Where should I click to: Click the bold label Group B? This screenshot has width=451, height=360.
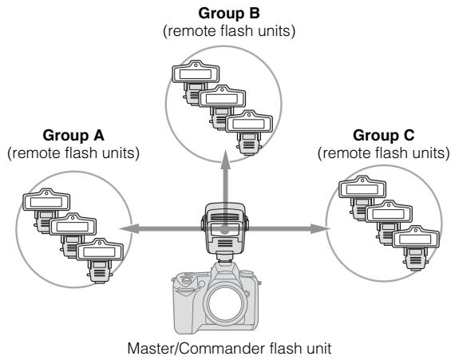click(x=226, y=14)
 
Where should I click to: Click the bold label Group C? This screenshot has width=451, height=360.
click(x=382, y=136)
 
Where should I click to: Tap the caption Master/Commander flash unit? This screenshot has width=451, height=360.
click(x=227, y=349)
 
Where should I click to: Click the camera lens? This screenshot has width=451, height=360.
click(x=226, y=304)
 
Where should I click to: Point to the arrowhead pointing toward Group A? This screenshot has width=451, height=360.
click(x=124, y=229)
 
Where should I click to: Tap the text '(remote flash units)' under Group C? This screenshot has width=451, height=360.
click(x=382, y=152)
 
